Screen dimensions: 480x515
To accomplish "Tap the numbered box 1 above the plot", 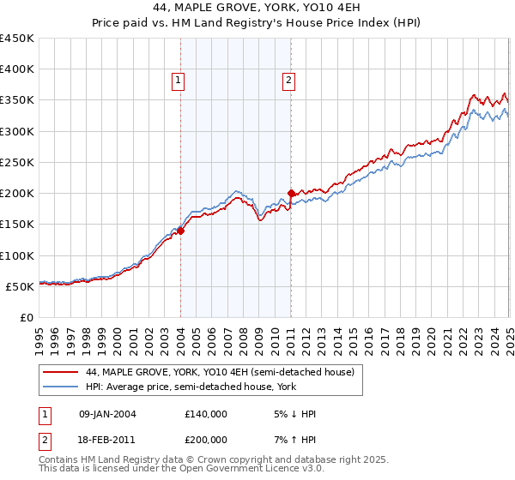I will point(178,81).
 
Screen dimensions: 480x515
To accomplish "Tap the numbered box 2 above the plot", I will point(288,81).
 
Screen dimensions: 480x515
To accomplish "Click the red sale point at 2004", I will point(181,231).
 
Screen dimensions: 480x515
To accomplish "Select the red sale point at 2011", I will point(292,194).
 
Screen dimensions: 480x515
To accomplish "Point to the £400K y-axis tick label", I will point(16,69).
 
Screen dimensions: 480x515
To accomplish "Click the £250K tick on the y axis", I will point(16,162).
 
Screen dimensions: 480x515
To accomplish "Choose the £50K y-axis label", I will point(20,286).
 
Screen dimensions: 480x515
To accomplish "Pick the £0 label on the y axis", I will point(27,317).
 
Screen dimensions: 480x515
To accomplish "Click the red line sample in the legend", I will point(60,371).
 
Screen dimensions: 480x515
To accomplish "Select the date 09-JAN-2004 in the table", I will point(107,413).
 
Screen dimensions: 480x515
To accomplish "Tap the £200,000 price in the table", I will point(206,437).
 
